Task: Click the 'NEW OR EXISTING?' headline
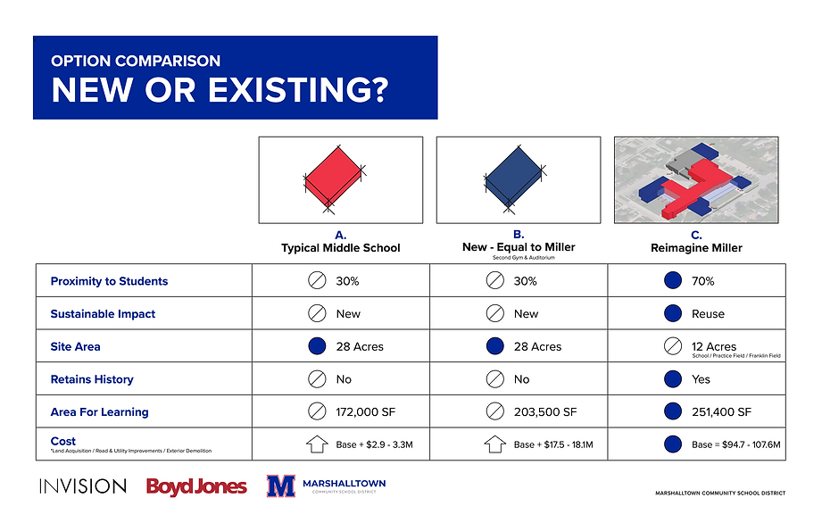point(220,90)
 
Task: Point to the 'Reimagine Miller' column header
point(696,247)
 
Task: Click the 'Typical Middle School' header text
point(341,247)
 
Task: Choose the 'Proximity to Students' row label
point(109,281)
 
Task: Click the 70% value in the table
point(703,281)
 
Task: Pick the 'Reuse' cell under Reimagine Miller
point(708,314)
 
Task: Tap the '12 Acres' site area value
point(714,346)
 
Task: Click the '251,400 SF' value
point(722,412)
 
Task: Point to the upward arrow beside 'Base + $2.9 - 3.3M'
point(317,444)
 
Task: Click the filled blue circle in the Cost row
point(673,444)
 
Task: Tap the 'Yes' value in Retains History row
point(701,379)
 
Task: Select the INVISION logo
point(82,486)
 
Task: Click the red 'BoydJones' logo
point(196,486)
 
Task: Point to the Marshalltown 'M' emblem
point(281,486)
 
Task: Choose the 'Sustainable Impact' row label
point(103,314)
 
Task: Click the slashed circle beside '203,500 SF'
point(494,412)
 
